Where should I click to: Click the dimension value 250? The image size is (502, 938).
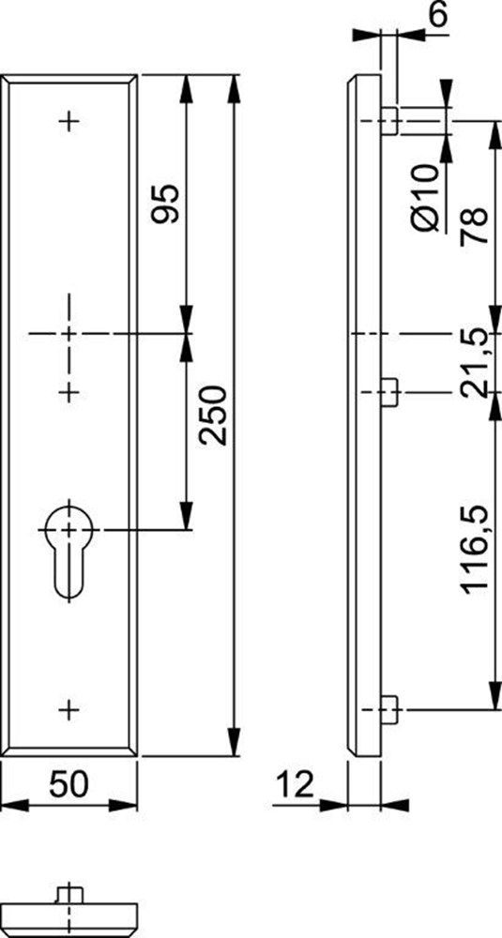click(x=214, y=416)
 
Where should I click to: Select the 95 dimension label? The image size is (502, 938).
click(x=164, y=204)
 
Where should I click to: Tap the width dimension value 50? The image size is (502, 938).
click(x=68, y=784)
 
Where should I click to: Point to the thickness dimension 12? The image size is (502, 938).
click(x=295, y=784)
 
